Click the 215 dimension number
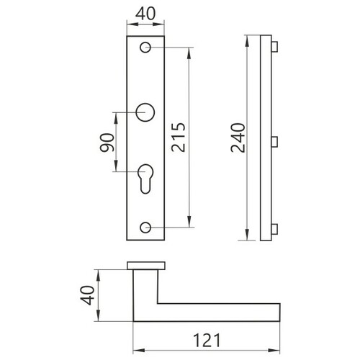coord(179,138)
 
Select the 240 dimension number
coord(238,138)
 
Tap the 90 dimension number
coord(107,143)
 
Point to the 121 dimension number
coord(207,340)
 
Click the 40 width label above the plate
coord(145,14)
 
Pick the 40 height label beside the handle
coord(87,295)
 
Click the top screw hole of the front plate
coord(145,48)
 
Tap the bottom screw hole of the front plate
coord(145,228)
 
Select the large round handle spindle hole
coord(145,112)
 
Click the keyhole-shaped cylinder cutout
coord(145,179)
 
